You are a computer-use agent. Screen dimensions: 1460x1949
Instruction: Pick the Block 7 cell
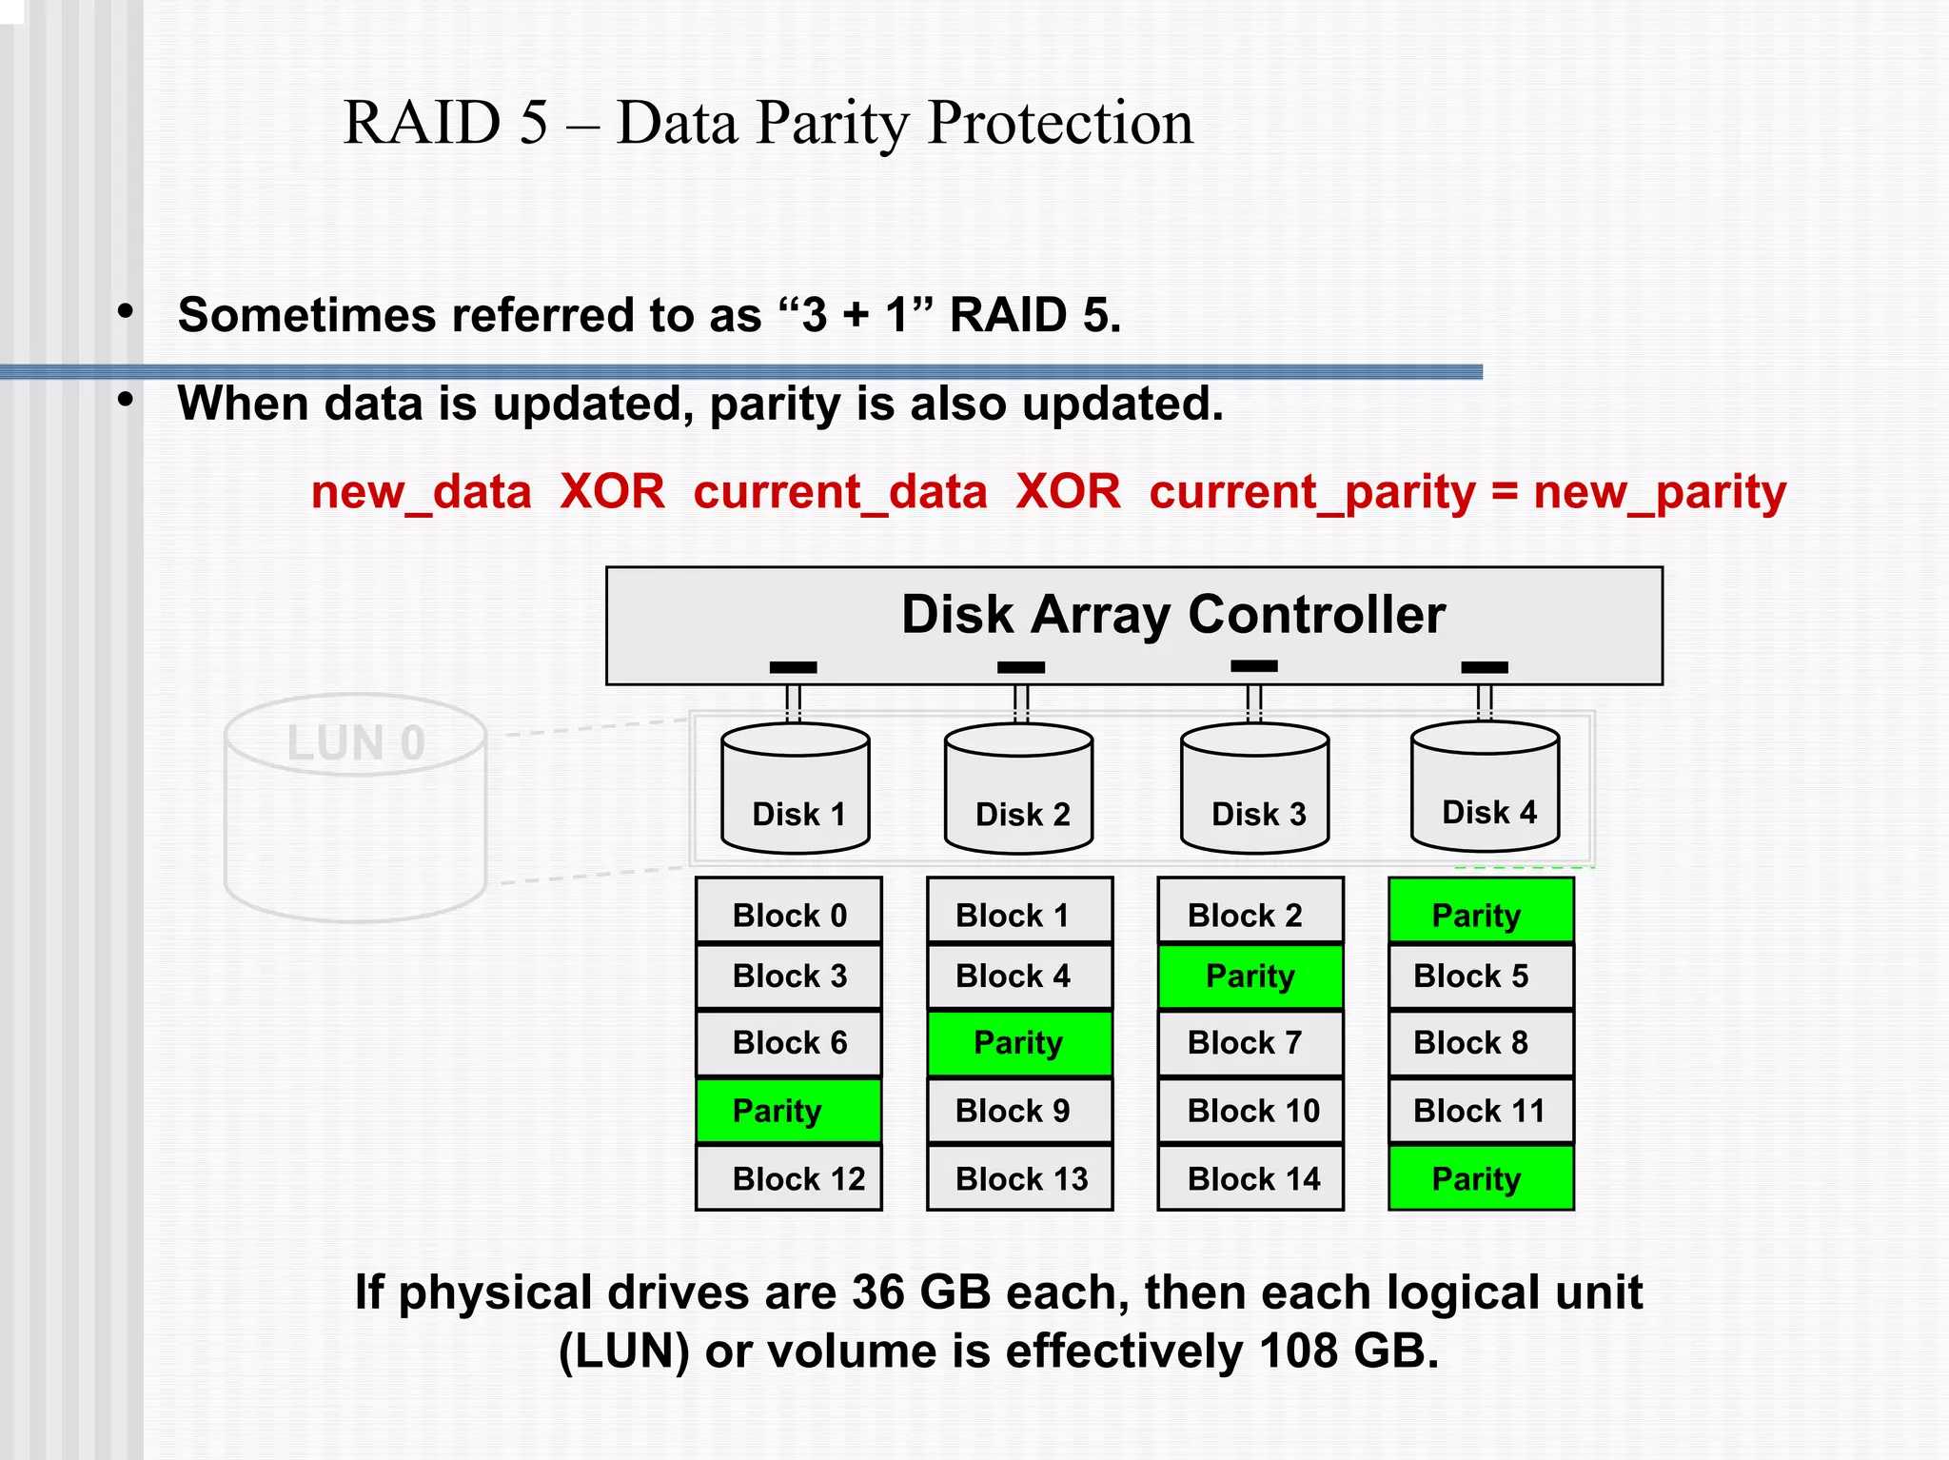coord(1250,1042)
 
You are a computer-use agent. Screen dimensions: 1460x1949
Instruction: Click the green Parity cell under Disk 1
coord(789,1110)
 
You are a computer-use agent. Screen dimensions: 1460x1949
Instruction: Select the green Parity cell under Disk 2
coord(1019,1042)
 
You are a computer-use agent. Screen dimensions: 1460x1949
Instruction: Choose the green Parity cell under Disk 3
coord(1250,976)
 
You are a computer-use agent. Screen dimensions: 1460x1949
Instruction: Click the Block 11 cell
coord(1481,1110)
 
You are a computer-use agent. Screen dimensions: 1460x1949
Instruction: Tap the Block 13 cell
coord(1019,1178)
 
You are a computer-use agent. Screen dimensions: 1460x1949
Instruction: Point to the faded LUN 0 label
coord(356,743)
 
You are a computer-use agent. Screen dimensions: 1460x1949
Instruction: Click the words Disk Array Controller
coord(1172,614)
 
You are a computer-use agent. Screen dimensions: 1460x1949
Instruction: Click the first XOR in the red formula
coord(612,492)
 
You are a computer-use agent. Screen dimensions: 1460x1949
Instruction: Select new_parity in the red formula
coord(1660,492)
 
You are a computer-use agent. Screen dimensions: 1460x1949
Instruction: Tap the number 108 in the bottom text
coord(1298,1351)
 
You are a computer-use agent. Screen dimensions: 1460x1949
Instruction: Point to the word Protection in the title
coord(1060,123)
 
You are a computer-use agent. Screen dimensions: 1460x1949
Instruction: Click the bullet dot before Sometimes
coord(126,312)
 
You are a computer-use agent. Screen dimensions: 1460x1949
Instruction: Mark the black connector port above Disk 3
coord(1253,666)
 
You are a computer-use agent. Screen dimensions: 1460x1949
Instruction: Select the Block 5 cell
coord(1481,976)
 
